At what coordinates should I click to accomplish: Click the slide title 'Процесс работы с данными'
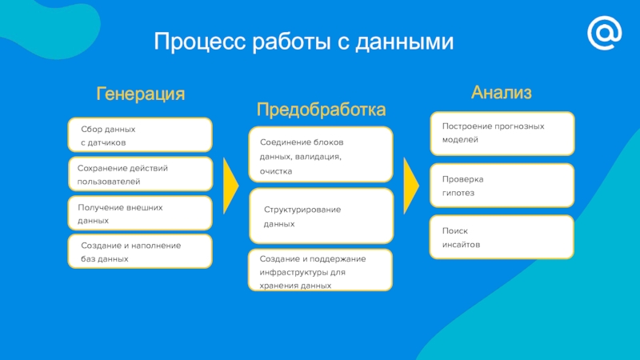[x=304, y=42]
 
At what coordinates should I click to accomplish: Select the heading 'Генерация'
[x=141, y=94]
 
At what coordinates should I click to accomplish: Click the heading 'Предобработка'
[x=321, y=110]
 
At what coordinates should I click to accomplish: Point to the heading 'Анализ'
[x=502, y=93]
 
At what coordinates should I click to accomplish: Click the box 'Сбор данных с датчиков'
[x=140, y=134]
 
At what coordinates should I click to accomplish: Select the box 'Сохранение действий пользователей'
[x=141, y=174]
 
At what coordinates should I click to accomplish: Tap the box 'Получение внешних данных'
[x=140, y=213]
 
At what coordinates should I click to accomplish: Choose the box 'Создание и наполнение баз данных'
[x=140, y=251]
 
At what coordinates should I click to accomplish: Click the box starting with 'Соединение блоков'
[x=321, y=154]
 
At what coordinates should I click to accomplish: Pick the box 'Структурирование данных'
[x=322, y=216]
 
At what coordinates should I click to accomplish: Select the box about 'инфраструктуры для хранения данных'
[x=321, y=270]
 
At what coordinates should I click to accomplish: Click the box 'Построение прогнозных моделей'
[x=502, y=134]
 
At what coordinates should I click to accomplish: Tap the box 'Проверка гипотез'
[x=502, y=186]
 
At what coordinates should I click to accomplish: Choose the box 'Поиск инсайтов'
[x=502, y=237]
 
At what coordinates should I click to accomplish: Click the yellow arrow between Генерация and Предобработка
[x=230, y=186]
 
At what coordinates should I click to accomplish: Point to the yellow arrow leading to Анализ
[x=410, y=186]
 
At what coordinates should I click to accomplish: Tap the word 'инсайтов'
[x=462, y=245]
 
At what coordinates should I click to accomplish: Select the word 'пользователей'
[x=109, y=182]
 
